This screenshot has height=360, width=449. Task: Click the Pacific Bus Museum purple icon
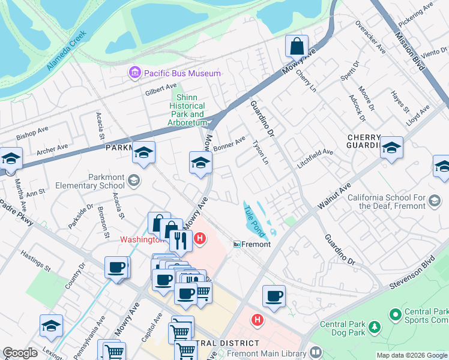134,73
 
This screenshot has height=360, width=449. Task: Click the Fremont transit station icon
237,244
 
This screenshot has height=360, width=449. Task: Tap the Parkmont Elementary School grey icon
134,179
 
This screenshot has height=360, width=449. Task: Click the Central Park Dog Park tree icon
375,327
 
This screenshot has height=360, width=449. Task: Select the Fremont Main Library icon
316,353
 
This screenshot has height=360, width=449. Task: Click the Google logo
20,353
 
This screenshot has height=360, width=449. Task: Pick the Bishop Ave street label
32,133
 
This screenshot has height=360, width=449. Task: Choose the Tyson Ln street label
259,152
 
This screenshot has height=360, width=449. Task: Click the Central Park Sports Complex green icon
395,314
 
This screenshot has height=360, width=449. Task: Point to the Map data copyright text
411,355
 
